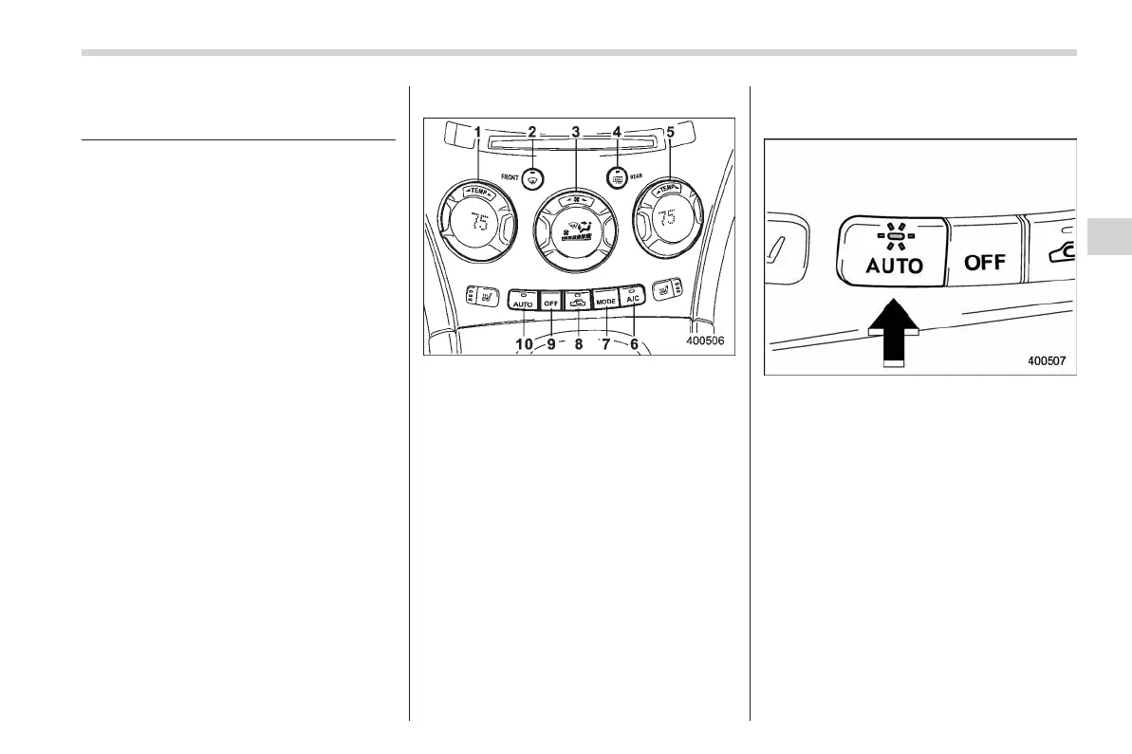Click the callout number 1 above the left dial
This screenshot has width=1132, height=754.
coord(478,132)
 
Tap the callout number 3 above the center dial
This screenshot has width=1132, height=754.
coord(576,132)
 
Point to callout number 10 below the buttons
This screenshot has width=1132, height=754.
coord(524,344)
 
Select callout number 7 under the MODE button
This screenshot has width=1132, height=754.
coord(605,344)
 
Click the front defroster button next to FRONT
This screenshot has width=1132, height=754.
coord(534,176)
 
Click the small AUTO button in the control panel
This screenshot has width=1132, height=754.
coord(523,302)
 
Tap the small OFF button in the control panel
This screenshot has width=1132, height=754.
coord(550,302)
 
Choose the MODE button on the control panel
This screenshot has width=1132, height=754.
coord(605,301)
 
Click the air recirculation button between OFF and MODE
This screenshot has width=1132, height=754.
coord(577,301)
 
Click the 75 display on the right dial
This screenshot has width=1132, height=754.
coord(668,218)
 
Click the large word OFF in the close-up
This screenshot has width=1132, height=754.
coord(985,263)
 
